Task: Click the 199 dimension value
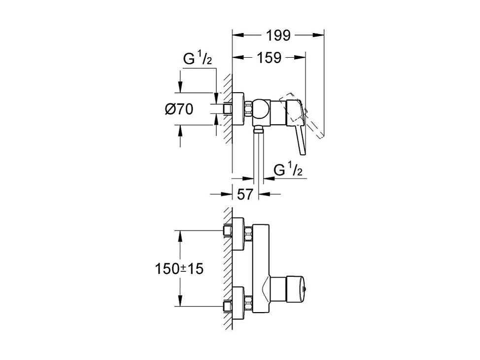click(x=278, y=36)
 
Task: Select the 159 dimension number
click(x=269, y=58)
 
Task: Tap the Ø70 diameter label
click(x=178, y=109)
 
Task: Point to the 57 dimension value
click(x=245, y=194)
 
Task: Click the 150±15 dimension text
click(x=179, y=269)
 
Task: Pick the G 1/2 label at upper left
click(x=198, y=60)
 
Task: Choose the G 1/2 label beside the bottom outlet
click(x=288, y=171)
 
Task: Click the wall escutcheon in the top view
click(x=238, y=109)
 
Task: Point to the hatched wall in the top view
click(x=228, y=108)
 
